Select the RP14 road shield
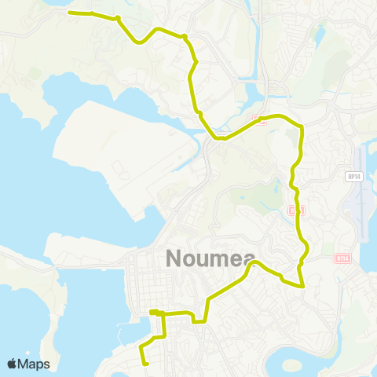pyautogui.click(x=354, y=177)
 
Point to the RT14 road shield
pyautogui.click(x=342, y=257)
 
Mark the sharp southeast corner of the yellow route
pyautogui.click(x=303, y=287)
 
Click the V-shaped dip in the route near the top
pyautogui.click(x=139, y=42)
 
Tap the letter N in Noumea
pyautogui.click(x=174, y=258)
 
